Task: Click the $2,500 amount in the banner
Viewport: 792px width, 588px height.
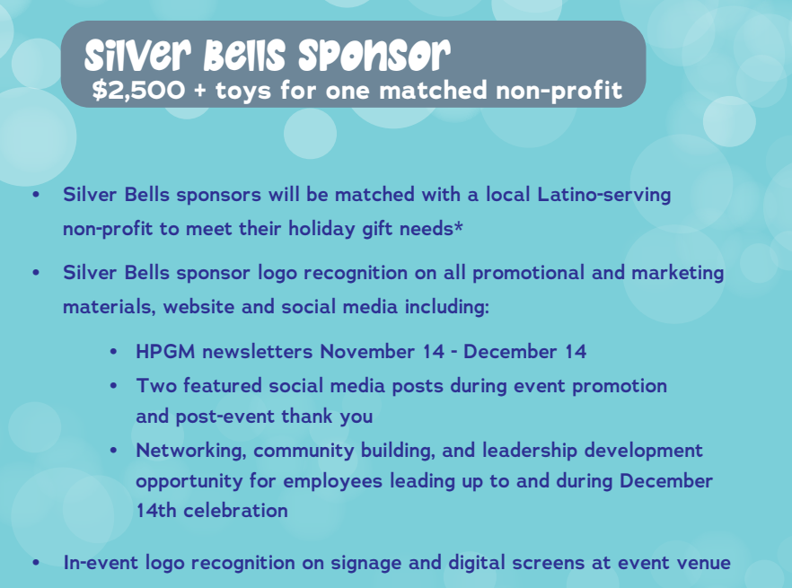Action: click(x=138, y=90)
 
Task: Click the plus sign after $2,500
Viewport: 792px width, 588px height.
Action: click(x=200, y=91)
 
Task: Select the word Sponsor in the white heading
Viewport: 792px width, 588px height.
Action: click(x=374, y=55)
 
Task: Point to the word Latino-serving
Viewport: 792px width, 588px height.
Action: click(x=604, y=195)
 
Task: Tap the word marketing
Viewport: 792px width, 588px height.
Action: click(x=678, y=273)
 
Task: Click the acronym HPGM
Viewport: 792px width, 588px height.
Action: click(x=165, y=352)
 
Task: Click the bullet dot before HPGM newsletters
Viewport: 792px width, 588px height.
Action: click(x=113, y=352)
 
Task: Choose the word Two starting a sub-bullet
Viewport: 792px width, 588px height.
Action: click(x=155, y=386)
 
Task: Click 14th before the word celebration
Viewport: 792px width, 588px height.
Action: click(x=155, y=510)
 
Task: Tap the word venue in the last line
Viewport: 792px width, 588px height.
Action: click(x=707, y=563)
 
